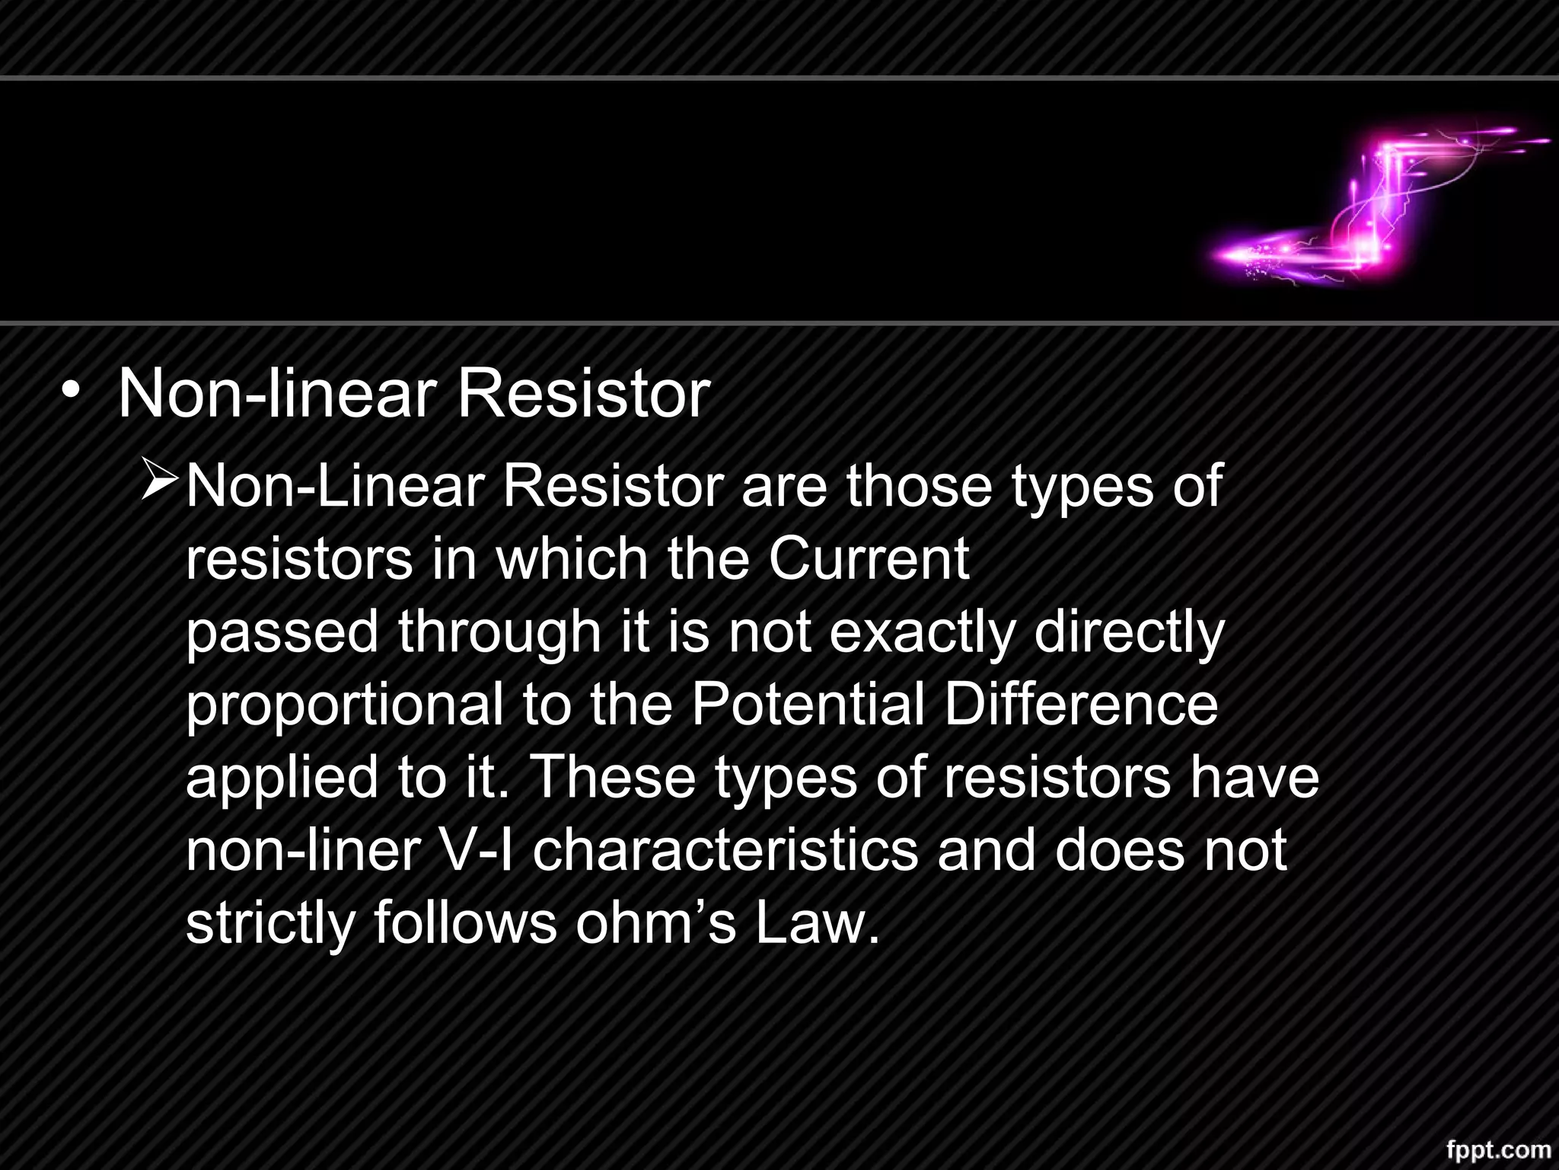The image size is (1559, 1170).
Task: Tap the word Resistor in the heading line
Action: tap(582, 395)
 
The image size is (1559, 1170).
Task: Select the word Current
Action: tap(869, 559)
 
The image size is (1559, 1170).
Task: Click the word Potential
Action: tap(808, 705)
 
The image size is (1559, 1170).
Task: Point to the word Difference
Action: tap(1081, 705)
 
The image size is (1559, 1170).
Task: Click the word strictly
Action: tap(270, 923)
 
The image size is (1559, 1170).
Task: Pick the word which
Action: tap(572, 559)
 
